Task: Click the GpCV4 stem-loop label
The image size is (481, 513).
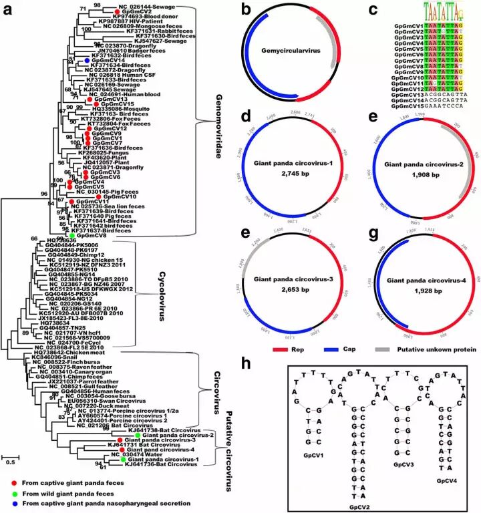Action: [x=446, y=480]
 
